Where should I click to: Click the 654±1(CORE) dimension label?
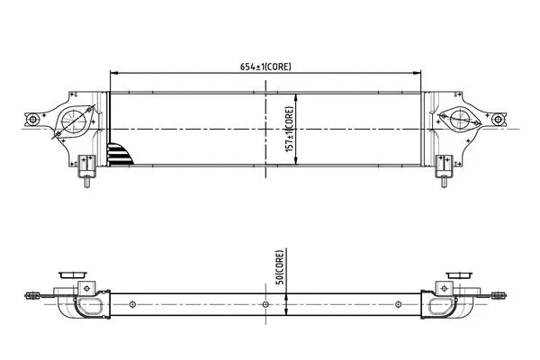coord(265,67)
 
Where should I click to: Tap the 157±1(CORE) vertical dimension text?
coord(289,129)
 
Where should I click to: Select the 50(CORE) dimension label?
coord(280,266)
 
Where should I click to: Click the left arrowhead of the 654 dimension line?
coord(114,73)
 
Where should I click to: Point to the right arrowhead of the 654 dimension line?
coord(417,73)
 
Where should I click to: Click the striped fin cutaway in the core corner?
coord(120,154)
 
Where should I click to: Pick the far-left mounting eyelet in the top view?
coord(32,120)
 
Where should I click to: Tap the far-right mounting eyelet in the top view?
coord(498,119)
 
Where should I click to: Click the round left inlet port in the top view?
coord(74,121)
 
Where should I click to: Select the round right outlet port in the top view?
coord(460,119)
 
